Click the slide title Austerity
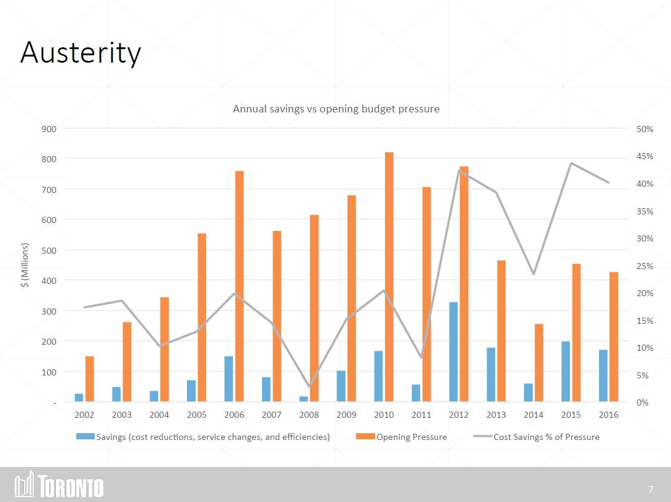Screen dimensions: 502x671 click(x=81, y=53)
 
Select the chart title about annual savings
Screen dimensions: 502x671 click(x=336, y=109)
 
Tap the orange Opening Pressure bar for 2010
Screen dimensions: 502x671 click(x=389, y=277)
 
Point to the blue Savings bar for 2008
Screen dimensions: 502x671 click(x=304, y=399)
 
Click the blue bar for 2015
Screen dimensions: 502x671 click(x=565, y=372)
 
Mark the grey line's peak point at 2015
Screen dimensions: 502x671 click(x=571, y=163)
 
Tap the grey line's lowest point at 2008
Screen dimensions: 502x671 click(x=309, y=386)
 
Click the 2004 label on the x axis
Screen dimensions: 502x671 click(x=159, y=415)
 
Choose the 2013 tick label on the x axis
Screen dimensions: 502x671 click(x=496, y=415)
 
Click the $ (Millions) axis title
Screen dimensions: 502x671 click(x=25, y=265)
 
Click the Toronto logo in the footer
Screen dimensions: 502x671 click(x=59, y=484)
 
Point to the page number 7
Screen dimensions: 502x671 click(x=651, y=490)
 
